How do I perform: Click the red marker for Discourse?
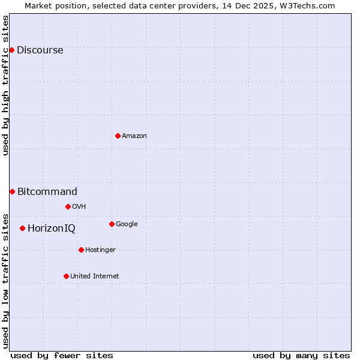pyautogui.click(x=11, y=50)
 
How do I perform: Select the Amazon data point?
pyautogui.click(x=118, y=136)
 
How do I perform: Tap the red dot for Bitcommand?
pyautogui.click(x=12, y=191)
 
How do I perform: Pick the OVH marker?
pyautogui.click(x=68, y=206)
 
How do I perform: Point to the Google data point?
pyautogui.click(x=112, y=224)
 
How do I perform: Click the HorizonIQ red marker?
pyautogui.click(x=22, y=228)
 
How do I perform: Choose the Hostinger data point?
pyautogui.click(x=81, y=250)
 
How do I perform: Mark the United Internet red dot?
pyautogui.click(x=66, y=276)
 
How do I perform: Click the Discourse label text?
pyautogui.click(x=40, y=50)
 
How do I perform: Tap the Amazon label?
pyautogui.click(x=134, y=136)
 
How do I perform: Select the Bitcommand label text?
pyautogui.click(x=47, y=192)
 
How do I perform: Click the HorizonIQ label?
pyautogui.click(x=52, y=229)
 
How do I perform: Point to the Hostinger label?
pyautogui.click(x=100, y=250)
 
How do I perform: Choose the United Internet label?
pyautogui.click(x=95, y=277)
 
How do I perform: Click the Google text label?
pyautogui.click(x=127, y=224)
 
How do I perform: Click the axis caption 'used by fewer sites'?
pyautogui.click(x=62, y=355)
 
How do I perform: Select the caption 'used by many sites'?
pyautogui.click(x=301, y=355)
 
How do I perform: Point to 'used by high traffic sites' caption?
pyautogui.click(x=5, y=85)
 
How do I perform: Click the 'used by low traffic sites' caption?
pyautogui.click(x=5, y=281)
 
